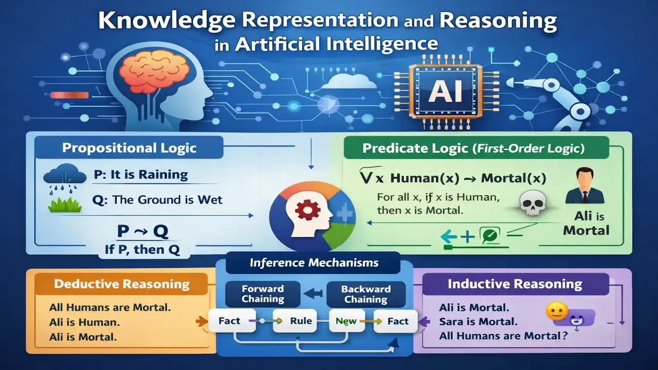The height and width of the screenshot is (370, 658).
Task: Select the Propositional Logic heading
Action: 129,149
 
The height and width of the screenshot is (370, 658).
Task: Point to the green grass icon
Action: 65,205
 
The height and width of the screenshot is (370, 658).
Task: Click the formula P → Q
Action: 142,232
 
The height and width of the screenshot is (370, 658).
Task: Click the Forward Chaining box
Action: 263,294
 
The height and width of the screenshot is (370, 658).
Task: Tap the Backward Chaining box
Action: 365,294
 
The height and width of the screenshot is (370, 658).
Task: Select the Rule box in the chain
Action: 300,321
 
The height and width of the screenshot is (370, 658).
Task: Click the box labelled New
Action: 346,321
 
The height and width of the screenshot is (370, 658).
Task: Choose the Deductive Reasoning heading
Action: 121,284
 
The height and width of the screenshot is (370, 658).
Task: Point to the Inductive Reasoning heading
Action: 515,284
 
